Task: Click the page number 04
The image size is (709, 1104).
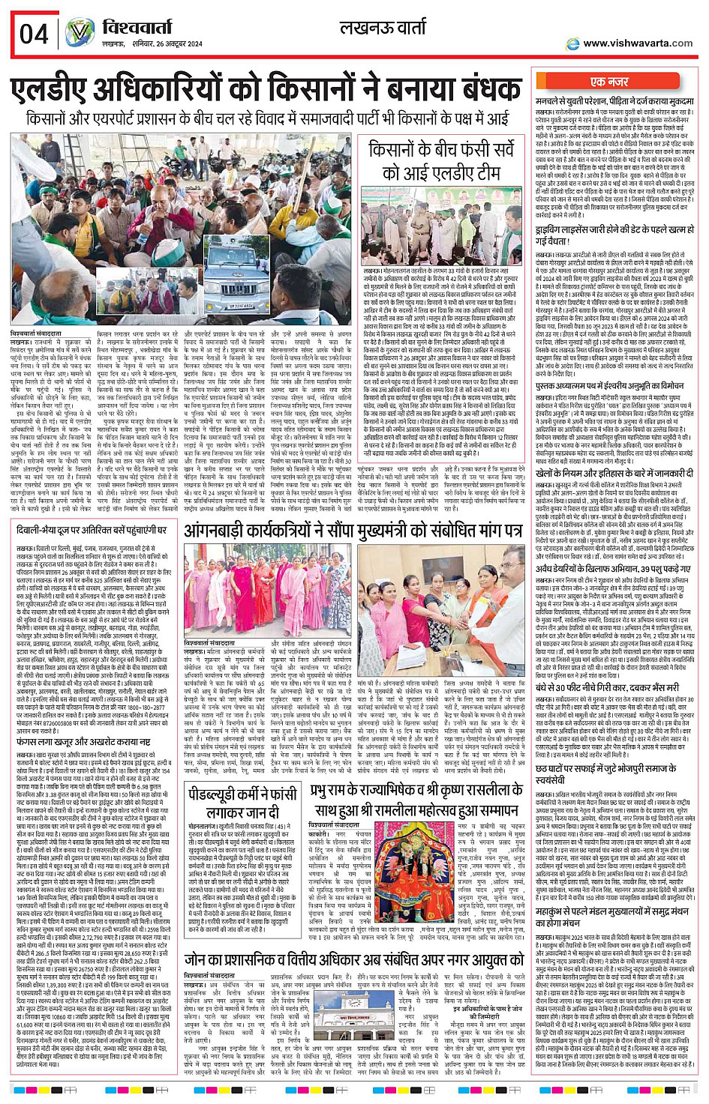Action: coord(34,34)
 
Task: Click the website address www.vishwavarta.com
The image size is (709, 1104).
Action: coord(638,43)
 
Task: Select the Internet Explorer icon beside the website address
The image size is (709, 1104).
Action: coord(573,44)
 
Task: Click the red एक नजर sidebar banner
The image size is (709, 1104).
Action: coord(609,82)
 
